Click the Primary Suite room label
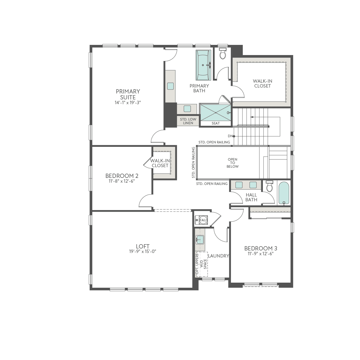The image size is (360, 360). pos(128,94)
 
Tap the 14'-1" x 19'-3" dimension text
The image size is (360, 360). pos(128,103)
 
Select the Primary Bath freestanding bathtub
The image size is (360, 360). pos(203,65)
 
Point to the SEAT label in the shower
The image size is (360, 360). pos(216,123)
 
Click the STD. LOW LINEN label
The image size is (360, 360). pos(188,121)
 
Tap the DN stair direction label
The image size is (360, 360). pos(230,136)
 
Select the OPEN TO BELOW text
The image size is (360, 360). pos(232,163)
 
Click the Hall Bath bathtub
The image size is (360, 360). pos(284,193)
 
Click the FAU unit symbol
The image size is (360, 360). pos(203,220)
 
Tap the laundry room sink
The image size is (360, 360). pos(200,239)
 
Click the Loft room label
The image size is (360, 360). pos(143,246)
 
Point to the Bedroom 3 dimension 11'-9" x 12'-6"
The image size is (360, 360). pos(261,254)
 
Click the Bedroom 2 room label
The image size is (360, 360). pos(122,176)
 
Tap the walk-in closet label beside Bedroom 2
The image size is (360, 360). pos(160,163)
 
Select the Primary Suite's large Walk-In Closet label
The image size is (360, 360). pos(262,84)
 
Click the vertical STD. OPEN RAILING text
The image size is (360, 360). pos(193,162)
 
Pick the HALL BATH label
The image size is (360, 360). pos(251,197)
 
